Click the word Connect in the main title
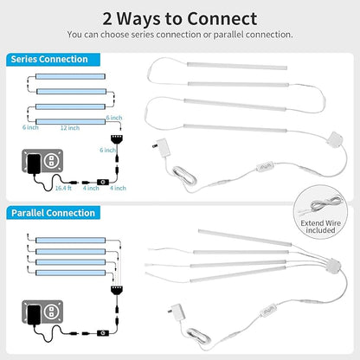pos(222,19)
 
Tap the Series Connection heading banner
pos(53,60)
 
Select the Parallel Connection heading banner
pos(53,213)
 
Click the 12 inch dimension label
pos(70,128)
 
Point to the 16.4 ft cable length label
pos(63,188)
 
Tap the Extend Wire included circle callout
pos(320,212)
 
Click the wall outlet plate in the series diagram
pos(42,161)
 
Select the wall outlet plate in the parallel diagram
pos(42,312)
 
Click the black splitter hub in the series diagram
pos(117,138)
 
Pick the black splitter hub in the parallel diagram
pos(117,290)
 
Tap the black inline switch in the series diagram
pos(103,182)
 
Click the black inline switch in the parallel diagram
pos(103,333)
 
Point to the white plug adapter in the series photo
pos(162,148)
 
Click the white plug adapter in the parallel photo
pos(177,312)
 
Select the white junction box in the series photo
pos(335,140)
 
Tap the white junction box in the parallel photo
pos(332,266)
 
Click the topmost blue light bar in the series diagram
pos(70,76)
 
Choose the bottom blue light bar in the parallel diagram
pos(70,273)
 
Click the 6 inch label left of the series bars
pos(30,127)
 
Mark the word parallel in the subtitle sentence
pos(228,35)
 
